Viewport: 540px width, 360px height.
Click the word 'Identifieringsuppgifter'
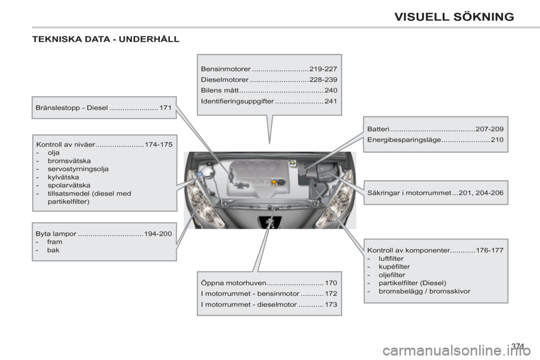click(x=237, y=101)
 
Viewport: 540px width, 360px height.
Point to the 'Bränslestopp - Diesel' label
click(x=71, y=107)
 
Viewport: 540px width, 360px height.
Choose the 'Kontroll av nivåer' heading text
click(x=65, y=144)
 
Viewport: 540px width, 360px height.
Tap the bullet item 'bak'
click(x=53, y=250)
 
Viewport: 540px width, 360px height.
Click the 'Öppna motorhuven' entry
click(x=232, y=283)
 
